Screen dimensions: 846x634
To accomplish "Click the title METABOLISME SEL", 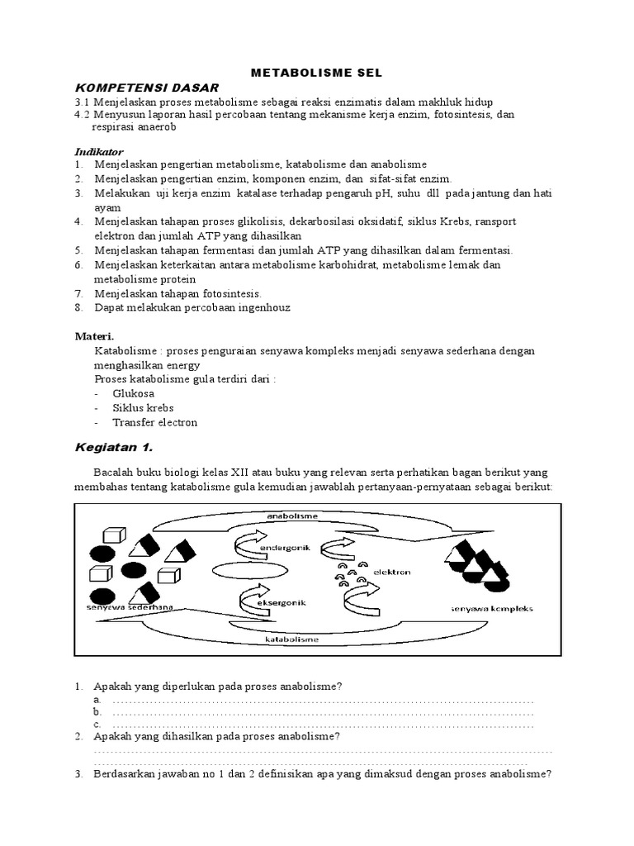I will coord(317,72).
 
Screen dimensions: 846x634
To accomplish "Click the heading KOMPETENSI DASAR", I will coord(147,88).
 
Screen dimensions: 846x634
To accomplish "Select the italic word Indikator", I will coord(99,152).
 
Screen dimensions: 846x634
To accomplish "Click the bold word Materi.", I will coord(95,336).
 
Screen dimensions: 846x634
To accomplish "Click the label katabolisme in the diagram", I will coord(292,639).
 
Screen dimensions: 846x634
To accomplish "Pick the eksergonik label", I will coord(283,603).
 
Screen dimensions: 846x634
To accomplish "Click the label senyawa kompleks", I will coord(492,609).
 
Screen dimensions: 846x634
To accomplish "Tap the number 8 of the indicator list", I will coord(78,307).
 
